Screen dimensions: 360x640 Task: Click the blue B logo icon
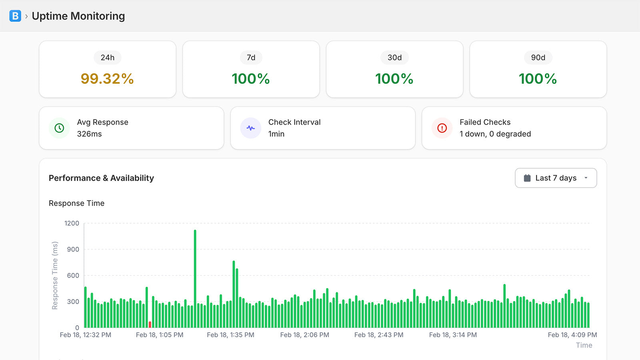click(x=15, y=16)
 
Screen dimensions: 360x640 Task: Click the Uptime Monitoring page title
click(x=78, y=16)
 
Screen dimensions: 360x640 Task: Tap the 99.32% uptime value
click(x=107, y=79)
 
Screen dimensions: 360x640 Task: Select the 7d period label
click(x=251, y=58)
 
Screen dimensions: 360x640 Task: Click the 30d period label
click(x=394, y=58)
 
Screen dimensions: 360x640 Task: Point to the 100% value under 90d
click(x=538, y=79)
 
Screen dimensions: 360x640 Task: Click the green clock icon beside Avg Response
click(x=59, y=128)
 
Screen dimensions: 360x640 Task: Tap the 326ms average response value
click(x=89, y=134)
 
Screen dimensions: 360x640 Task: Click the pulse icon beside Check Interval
click(x=251, y=128)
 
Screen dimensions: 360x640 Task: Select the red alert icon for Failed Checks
click(x=442, y=128)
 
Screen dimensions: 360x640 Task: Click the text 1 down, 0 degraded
click(x=495, y=134)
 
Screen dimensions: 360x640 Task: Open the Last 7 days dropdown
click(x=556, y=178)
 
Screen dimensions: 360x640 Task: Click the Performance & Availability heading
click(x=101, y=178)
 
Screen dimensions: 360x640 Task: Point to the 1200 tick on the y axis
click(x=72, y=223)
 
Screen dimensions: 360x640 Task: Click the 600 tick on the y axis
click(x=73, y=275)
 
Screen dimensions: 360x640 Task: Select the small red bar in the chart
click(x=150, y=324)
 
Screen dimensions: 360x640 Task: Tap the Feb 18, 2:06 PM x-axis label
click(x=304, y=335)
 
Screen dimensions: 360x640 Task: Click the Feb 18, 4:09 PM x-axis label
click(x=572, y=335)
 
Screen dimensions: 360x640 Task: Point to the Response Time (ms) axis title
click(x=55, y=275)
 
